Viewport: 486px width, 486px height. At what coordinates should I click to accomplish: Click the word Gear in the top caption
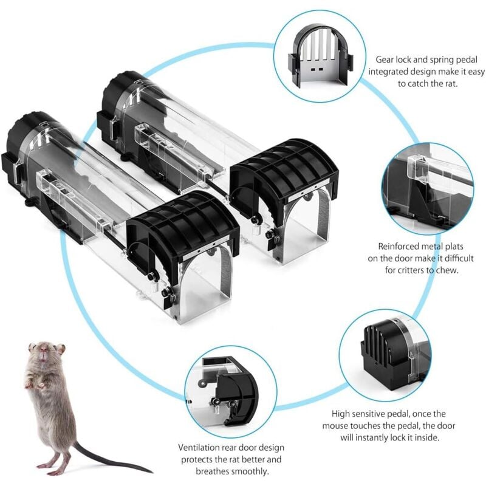[385, 60]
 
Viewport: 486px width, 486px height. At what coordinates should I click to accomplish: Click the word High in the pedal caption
[341, 414]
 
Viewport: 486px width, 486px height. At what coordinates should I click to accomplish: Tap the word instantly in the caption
[372, 437]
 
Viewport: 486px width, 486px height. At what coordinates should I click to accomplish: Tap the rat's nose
[44, 352]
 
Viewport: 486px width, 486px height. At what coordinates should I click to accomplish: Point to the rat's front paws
[35, 385]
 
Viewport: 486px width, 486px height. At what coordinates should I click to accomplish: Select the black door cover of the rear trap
[284, 174]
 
